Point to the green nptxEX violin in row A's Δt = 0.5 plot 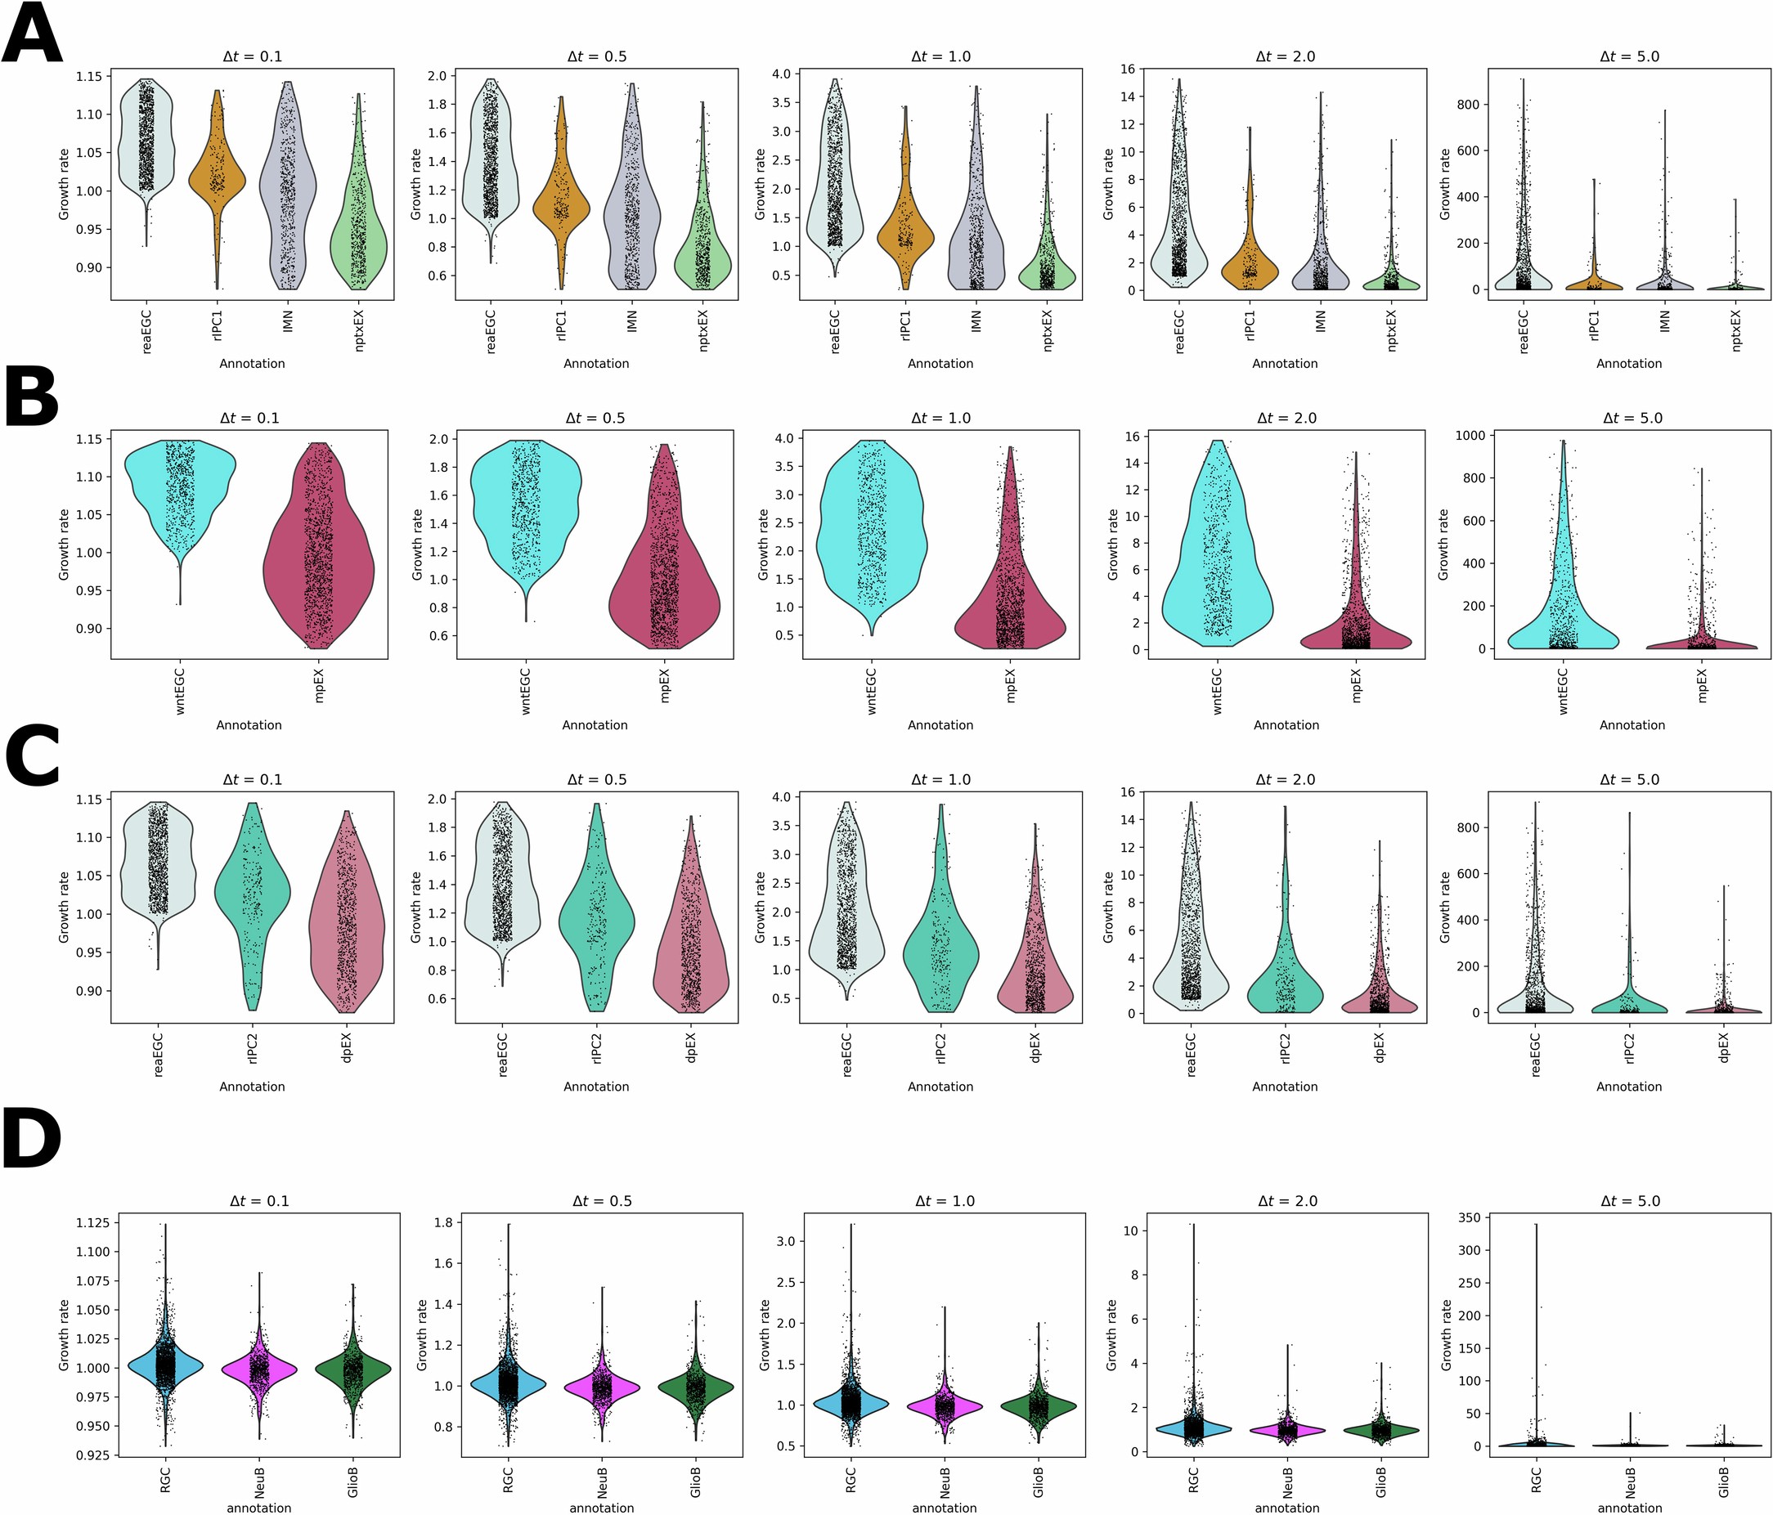702,257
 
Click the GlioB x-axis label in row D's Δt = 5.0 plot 1723,1482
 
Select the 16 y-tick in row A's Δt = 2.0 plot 1128,69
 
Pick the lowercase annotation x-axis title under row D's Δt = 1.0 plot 944,1508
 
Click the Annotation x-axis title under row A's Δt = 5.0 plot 1628,364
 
